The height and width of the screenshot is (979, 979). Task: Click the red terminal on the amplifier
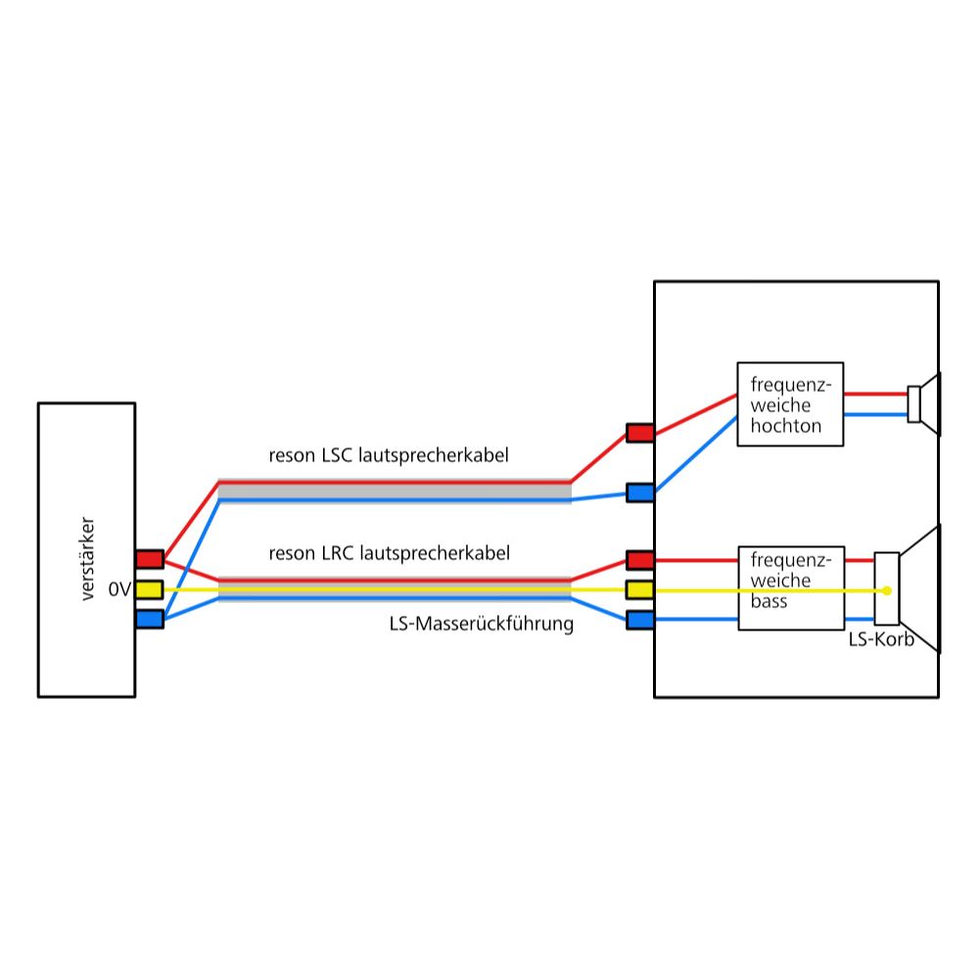149,559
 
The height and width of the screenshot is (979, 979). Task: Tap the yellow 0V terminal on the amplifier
149,589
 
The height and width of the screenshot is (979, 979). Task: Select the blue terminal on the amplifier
149,619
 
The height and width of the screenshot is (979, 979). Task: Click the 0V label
119,590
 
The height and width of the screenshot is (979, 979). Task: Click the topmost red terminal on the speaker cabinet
640,433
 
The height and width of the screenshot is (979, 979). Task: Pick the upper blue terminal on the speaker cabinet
640,492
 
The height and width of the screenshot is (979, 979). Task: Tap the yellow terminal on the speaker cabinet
640,589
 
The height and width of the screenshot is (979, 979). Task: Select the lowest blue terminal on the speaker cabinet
640,620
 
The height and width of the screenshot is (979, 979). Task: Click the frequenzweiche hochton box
790,404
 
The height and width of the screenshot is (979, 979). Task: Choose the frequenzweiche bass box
790,587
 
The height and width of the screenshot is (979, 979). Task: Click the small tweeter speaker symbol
923,404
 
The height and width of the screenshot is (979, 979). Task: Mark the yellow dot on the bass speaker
887,590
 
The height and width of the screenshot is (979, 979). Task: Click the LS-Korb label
881,639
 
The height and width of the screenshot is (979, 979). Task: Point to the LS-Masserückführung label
481,624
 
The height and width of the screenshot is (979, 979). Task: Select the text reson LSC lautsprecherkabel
389,455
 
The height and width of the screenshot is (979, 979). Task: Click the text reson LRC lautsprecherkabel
389,553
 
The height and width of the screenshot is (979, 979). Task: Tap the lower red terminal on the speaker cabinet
640,560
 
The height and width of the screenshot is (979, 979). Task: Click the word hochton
782,426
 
